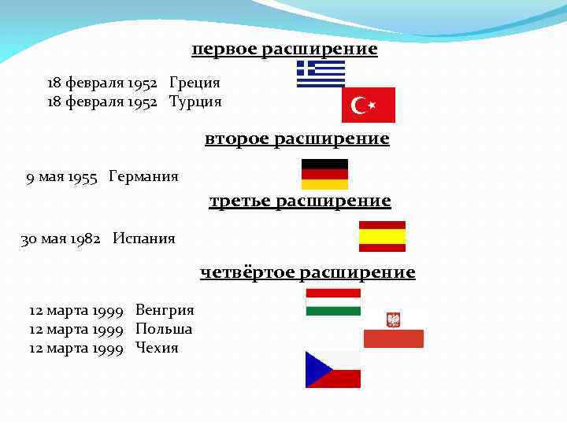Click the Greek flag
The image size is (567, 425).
(x=321, y=73)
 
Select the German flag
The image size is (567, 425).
(x=324, y=174)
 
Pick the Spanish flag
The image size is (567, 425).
(x=382, y=236)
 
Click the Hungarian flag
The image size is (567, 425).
(x=333, y=302)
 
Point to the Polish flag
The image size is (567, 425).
(x=393, y=329)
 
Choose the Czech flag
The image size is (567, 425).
(x=333, y=370)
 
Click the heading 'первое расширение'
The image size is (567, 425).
(x=284, y=50)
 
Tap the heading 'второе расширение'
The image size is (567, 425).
(x=297, y=139)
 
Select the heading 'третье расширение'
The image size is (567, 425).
(x=300, y=201)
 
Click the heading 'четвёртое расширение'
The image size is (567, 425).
(x=307, y=272)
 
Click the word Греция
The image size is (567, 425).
(x=195, y=83)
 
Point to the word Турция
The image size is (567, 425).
(x=195, y=102)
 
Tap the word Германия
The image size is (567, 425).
(x=143, y=176)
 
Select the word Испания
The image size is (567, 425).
(x=143, y=238)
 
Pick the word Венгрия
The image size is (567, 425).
(x=165, y=310)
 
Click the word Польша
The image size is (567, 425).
(x=164, y=329)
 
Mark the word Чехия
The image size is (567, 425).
(x=157, y=348)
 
